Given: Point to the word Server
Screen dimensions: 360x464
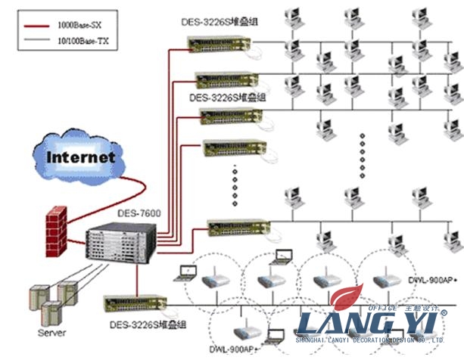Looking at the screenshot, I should tap(51, 333).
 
